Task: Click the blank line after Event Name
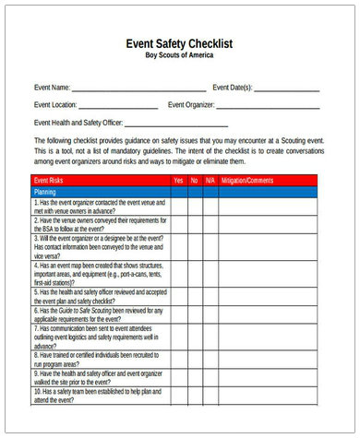pyautogui.click(x=138, y=89)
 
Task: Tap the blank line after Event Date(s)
pyautogui.click(x=287, y=89)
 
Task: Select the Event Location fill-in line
pyautogui.click(x=119, y=106)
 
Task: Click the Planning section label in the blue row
pyautogui.click(x=45, y=191)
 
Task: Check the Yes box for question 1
pyautogui.click(x=178, y=206)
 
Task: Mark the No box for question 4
pyautogui.click(x=195, y=273)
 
